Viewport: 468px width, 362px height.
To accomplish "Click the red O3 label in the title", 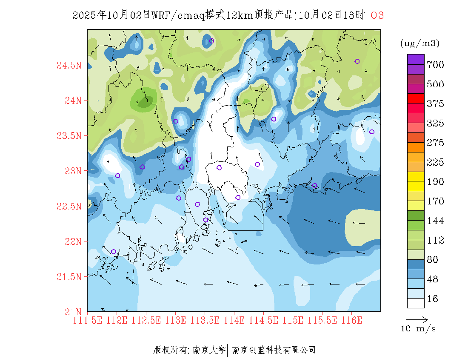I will pos(377,15).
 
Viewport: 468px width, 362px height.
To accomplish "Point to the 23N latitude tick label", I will pos(73,171).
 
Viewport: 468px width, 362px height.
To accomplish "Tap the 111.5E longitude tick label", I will pos(88,320).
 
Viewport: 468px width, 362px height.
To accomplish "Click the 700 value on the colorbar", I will pos(436,65).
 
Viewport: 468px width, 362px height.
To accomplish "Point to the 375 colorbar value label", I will pos(436,104).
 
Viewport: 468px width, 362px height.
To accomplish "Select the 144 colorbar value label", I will pos(436,221).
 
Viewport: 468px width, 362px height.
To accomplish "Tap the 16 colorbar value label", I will pos(433,299).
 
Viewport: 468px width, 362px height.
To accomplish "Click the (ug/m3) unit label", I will pos(419,43).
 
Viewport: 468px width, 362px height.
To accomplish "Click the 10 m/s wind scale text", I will pos(419,329).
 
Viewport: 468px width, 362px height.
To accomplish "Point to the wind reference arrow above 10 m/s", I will pos(417,319).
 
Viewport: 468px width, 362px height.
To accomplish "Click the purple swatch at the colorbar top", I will pos(416,59).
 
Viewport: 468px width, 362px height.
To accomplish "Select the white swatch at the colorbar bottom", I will pos(416,303).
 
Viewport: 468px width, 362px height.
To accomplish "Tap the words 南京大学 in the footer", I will pos(209,350).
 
